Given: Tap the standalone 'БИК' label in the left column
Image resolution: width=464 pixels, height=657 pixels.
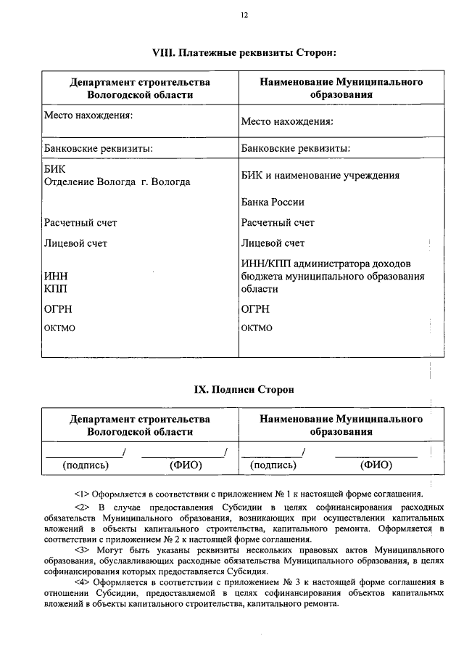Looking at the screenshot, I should point(54,169).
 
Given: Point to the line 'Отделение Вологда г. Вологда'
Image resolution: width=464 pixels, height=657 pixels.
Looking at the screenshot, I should point(117,181).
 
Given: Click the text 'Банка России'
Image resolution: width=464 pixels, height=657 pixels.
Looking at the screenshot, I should point(273,202).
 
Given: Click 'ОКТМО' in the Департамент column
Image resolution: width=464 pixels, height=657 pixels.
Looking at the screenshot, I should point(59,328).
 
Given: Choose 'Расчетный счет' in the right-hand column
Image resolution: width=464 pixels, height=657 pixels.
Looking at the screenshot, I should point(278,222).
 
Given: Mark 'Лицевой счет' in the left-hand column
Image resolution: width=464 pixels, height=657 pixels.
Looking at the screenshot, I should point(75,243).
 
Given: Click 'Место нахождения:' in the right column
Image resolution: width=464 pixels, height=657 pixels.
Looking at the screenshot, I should point(287,121).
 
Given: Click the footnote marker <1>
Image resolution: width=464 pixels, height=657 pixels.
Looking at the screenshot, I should point(81,493).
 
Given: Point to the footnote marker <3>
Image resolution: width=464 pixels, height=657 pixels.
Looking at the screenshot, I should point(81,550).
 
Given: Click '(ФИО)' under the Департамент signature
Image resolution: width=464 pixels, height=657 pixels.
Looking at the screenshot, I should point(184,465).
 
